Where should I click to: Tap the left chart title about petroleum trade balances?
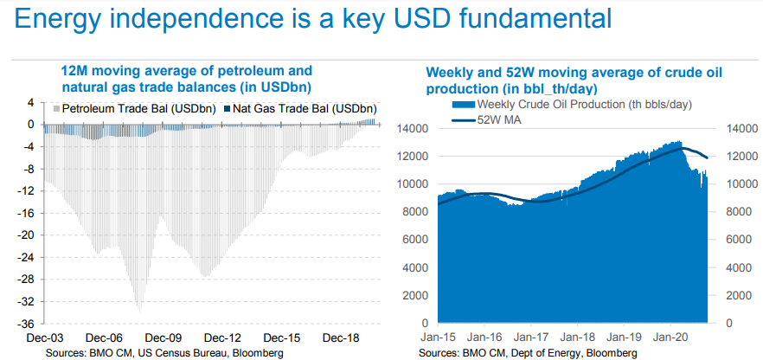point(186,79)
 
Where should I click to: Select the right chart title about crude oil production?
point(574,80)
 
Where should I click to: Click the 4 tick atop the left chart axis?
point(30,102)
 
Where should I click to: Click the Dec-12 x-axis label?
point(222,337)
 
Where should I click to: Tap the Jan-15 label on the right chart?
point(439,337)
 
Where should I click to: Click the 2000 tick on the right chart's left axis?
point(416,296)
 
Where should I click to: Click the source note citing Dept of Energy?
point(528,353)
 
